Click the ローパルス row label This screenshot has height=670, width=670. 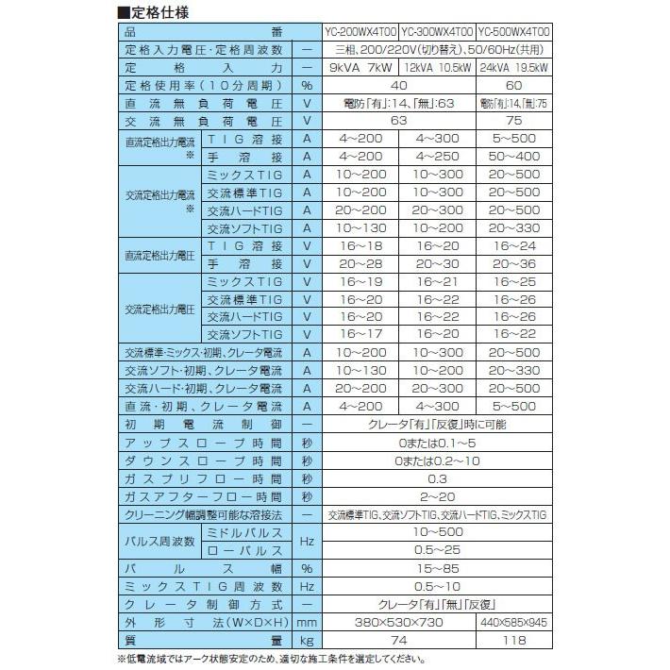click(243, 550)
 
